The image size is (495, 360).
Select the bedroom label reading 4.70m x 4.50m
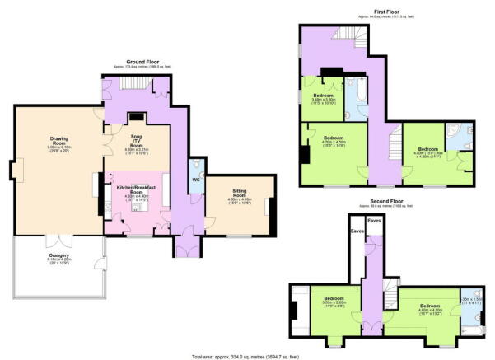[333, 142]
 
